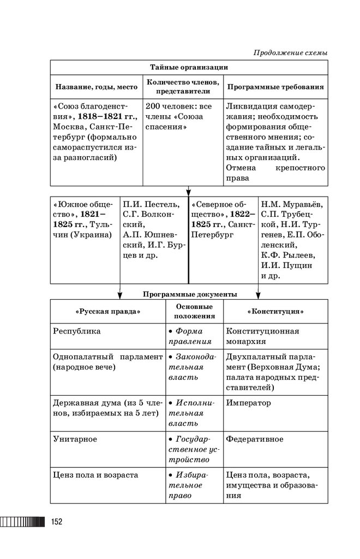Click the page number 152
(x=56, y=522)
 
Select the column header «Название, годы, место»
(x=96, y=87)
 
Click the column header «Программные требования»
(x=275, y=87)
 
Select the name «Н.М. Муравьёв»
(x=291, y=205)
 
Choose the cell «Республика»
(x=77, y=331)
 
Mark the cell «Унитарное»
(x=75, y=439)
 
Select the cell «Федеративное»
(x=255, y=439)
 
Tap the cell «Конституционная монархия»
(x=262, y=336)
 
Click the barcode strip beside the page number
(x=22, y=522)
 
